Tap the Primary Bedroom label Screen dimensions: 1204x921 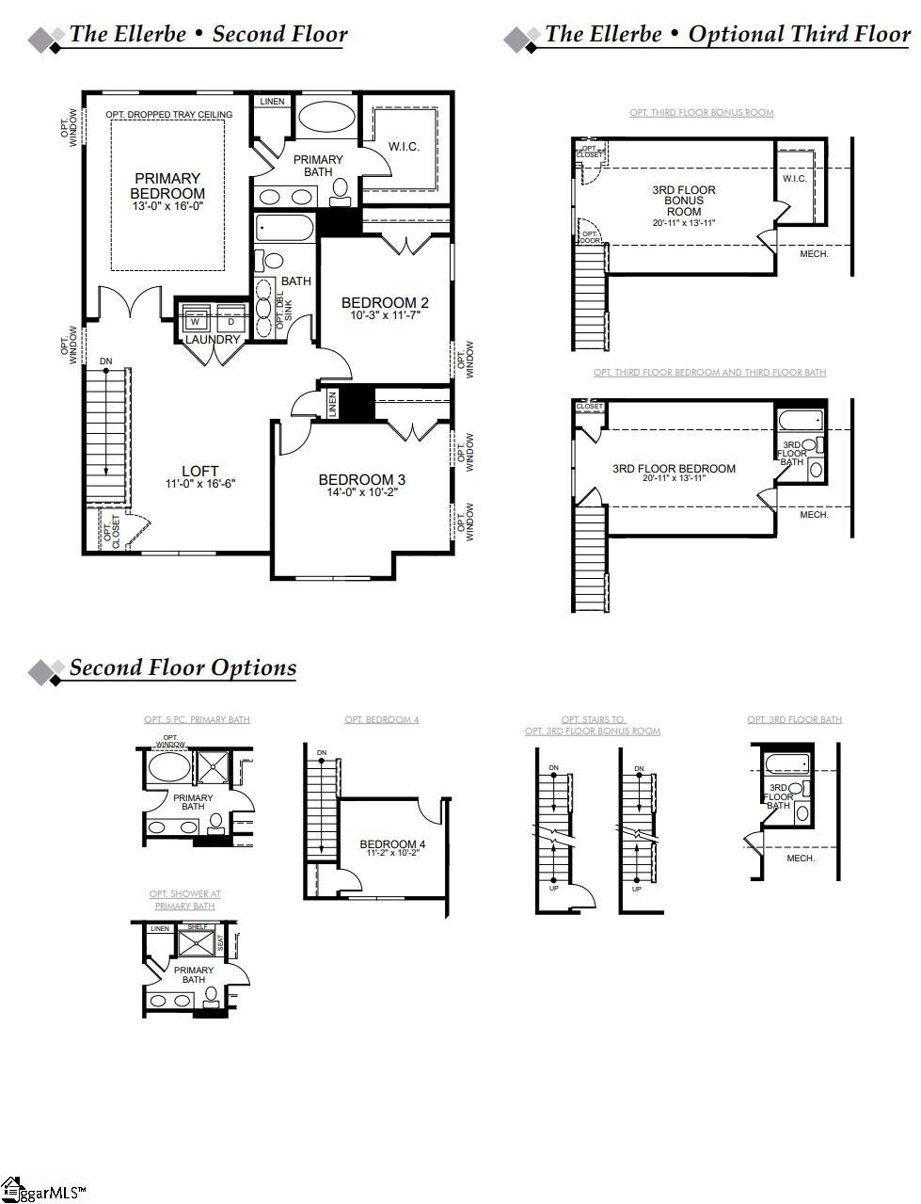167,185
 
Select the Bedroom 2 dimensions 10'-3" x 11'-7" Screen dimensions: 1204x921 385,315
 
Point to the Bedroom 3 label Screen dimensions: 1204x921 362,479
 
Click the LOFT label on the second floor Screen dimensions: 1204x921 200,471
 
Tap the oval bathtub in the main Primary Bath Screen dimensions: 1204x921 326,120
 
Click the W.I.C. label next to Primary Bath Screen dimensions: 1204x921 405,147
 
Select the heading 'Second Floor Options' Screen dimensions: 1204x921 183,667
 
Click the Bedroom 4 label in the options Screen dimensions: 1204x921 392,843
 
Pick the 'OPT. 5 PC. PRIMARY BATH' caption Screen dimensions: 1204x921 197,719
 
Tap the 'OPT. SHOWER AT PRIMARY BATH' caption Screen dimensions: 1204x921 185,900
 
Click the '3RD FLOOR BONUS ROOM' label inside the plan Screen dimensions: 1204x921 684,201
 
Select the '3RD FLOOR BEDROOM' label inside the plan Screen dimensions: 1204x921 674,469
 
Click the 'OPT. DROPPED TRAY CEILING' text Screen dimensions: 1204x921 169,115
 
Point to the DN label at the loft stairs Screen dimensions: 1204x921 105,361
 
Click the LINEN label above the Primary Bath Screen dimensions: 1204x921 272,102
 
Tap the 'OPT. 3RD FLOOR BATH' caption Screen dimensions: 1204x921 794,719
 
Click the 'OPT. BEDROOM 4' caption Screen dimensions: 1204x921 382,719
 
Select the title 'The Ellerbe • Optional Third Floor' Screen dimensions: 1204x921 726,35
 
